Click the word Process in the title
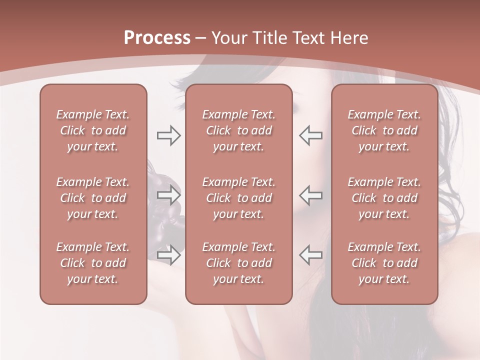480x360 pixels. click(157, 38)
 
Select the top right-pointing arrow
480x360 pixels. click(168, 135)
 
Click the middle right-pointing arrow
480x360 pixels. click(168, 195)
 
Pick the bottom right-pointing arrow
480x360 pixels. click(168, 255)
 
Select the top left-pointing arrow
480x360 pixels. click(311, 135)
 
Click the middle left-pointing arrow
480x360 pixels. click(311, 195)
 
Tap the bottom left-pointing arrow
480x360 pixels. click(311, 255)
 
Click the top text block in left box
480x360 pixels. click(93, 130)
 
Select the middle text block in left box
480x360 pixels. click(93, 198)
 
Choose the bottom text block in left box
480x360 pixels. click(93, 263)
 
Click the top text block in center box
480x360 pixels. click(239, 130)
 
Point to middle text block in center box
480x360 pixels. click(239, 198)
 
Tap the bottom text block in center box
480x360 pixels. click(239, 263)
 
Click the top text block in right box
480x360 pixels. click(384, 130)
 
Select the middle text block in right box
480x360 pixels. click(384, 198)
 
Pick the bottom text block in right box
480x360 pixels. click(384, 263)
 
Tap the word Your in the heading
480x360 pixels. click(229, 38)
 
